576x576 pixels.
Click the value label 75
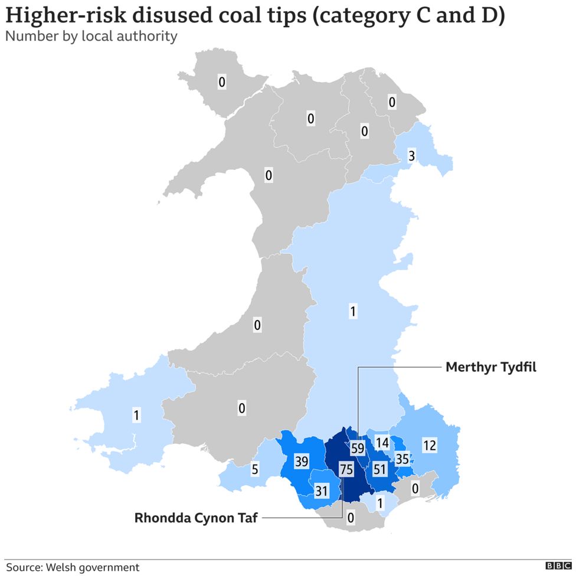(x=346, y=470)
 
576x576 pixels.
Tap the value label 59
(x=357, y=448)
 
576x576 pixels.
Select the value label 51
(x=379, y=470)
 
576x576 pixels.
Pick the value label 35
(x=402, y=458)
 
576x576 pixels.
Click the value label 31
(x=321, y=490)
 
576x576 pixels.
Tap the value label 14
(x=382, y=443)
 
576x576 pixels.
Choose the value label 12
(x=430, y=446)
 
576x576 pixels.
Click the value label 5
(x=254, y=470)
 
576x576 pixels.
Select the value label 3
(x=412, y=156)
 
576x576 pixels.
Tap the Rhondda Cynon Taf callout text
(x=196, y=518)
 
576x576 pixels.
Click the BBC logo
(x=558, y=566)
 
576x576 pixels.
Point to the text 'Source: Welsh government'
(x=73, y=567)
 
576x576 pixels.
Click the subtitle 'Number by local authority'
(x=91, y=37)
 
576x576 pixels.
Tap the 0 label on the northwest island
(x=221, y=83)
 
